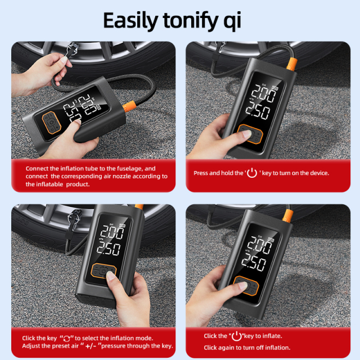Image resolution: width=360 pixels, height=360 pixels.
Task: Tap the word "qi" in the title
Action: point(230,21)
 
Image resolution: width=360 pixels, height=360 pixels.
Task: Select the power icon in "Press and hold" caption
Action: point(251,173)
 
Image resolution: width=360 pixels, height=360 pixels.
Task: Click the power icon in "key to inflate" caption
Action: point(237,336)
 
